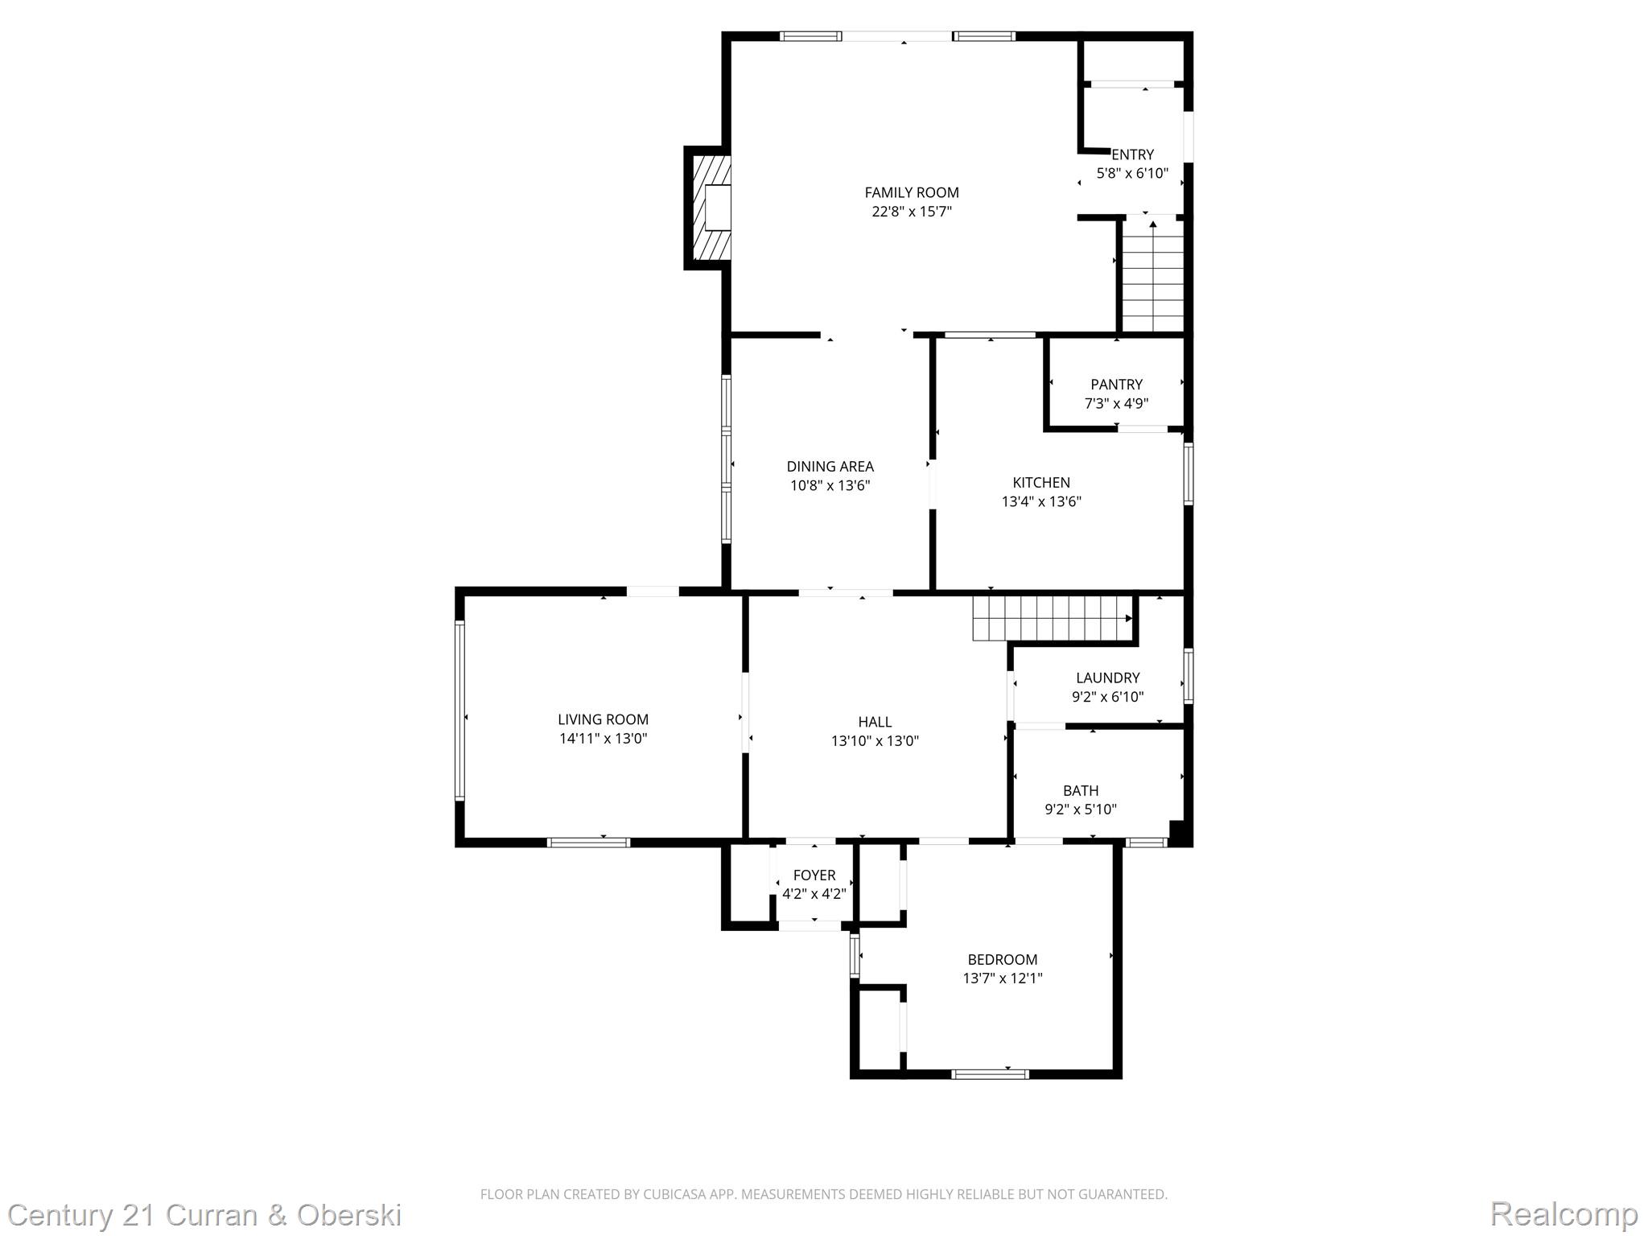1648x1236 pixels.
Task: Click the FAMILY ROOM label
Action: click(912, 192)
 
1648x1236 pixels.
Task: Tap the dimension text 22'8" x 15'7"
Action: click(912, 212)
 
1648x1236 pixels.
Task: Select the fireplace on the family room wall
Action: click(708, 208)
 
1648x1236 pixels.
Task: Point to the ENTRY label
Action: click(1132, 154)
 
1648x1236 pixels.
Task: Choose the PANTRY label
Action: click(1116, 385)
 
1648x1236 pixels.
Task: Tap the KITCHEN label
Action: click(1041, 483)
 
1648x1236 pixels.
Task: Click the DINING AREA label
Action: click(830, 467)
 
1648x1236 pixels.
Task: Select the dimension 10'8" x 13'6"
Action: click(830, 486)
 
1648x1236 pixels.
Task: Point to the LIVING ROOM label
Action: click(603, 720)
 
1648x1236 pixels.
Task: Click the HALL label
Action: click(875, 723)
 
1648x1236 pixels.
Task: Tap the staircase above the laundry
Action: click(1053, 618)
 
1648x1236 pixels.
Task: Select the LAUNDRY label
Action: click(1107, 678)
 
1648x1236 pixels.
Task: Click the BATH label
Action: click(1081, 791)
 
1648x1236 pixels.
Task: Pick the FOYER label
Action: click(814, 875)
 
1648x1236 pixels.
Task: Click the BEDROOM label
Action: click(1003, 960)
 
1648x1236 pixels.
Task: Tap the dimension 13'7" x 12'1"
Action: click(1003, 979)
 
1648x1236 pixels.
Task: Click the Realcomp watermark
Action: click(1564, 1214)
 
